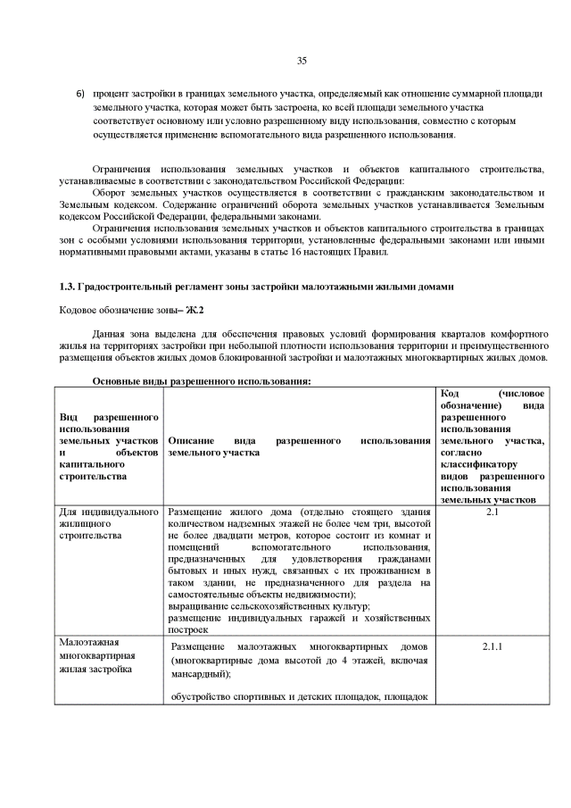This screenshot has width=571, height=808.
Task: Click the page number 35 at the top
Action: click(x=301, y=61)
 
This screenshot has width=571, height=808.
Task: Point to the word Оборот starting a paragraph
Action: click(x=112, y=192)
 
